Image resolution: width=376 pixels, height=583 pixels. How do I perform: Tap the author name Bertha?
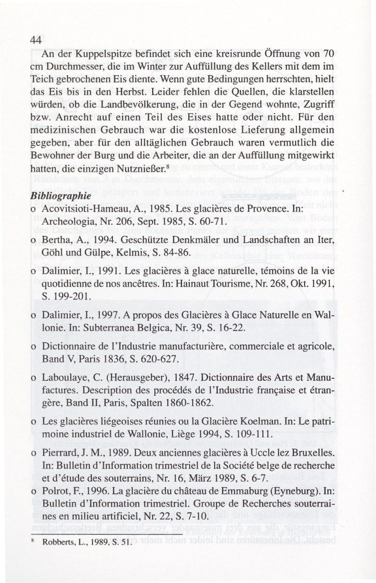[x=55, y=241]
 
